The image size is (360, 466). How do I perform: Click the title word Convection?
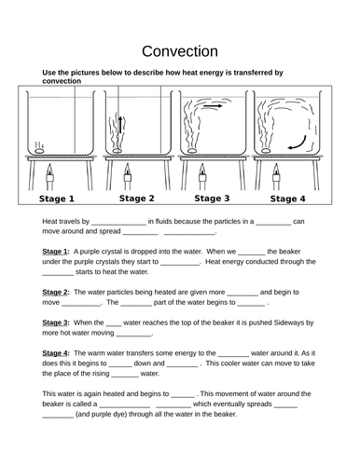(180, 51)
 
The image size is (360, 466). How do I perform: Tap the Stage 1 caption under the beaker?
(57, 199)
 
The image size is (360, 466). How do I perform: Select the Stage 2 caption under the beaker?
(137, 199)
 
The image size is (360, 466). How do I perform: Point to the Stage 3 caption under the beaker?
(212, 199)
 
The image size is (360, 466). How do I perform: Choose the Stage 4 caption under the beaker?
(288, 199)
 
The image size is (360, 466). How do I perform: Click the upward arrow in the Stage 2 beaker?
(120, 124)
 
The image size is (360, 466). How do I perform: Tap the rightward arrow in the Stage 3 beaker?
(213, 106)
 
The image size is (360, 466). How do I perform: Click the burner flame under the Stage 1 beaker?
(49, 170)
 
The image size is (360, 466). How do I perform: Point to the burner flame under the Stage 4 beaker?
(276, 170)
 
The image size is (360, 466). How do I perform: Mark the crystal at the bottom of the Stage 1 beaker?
(39, 151)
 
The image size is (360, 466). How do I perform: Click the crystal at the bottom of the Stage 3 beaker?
(192, 151)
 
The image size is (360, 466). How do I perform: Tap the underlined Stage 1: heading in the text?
(56, 252)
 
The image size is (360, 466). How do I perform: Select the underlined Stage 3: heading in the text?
(56, 322)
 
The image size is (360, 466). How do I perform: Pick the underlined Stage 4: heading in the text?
(56, 353)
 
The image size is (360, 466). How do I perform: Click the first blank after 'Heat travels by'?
(118, 224)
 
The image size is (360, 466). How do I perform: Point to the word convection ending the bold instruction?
(62, 81)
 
